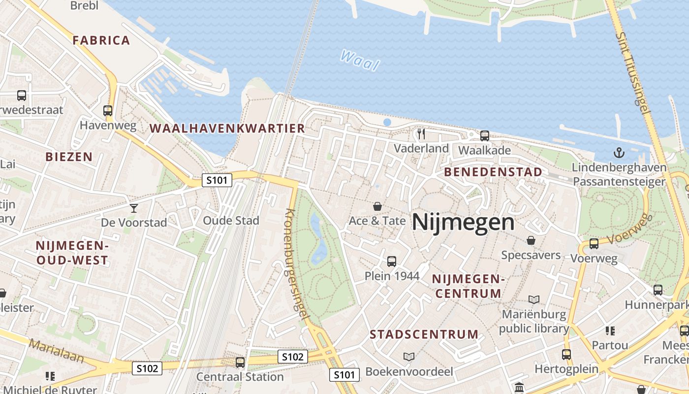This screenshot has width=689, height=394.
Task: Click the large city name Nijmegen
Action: [x=463, y=223]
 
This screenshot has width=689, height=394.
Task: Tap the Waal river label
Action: [x=360, y=60]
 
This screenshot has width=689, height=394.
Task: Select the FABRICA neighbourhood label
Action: [x=101, y=40]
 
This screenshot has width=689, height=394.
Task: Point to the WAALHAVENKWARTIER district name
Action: [x=227, y=129]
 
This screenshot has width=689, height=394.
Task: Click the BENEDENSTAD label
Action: [x=493, y=172]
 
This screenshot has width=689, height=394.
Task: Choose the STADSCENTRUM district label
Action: [x=424, y=334]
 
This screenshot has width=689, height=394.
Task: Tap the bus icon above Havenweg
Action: [x=108, y=111]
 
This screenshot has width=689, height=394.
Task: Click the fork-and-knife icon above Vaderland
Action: [x=421, y=133]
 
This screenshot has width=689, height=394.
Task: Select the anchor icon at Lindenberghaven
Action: [x=619, y=153]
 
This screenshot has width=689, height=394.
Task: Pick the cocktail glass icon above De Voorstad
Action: [x=133, y=208]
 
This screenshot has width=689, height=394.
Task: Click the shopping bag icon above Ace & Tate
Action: [x=377, y=206]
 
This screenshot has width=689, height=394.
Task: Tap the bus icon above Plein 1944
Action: [x=392, y=261]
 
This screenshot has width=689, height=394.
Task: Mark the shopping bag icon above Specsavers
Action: [x=531, y=240]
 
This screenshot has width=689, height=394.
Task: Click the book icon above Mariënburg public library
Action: [x=534, y=299]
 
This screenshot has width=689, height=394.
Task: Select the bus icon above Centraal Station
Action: [x=240, y=362]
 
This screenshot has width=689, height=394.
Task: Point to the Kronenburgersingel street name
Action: [x=297, y=266]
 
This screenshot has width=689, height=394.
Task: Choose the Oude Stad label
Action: [x=231, y=220]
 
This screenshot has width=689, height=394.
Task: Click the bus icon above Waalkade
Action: [x=485, y=135]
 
